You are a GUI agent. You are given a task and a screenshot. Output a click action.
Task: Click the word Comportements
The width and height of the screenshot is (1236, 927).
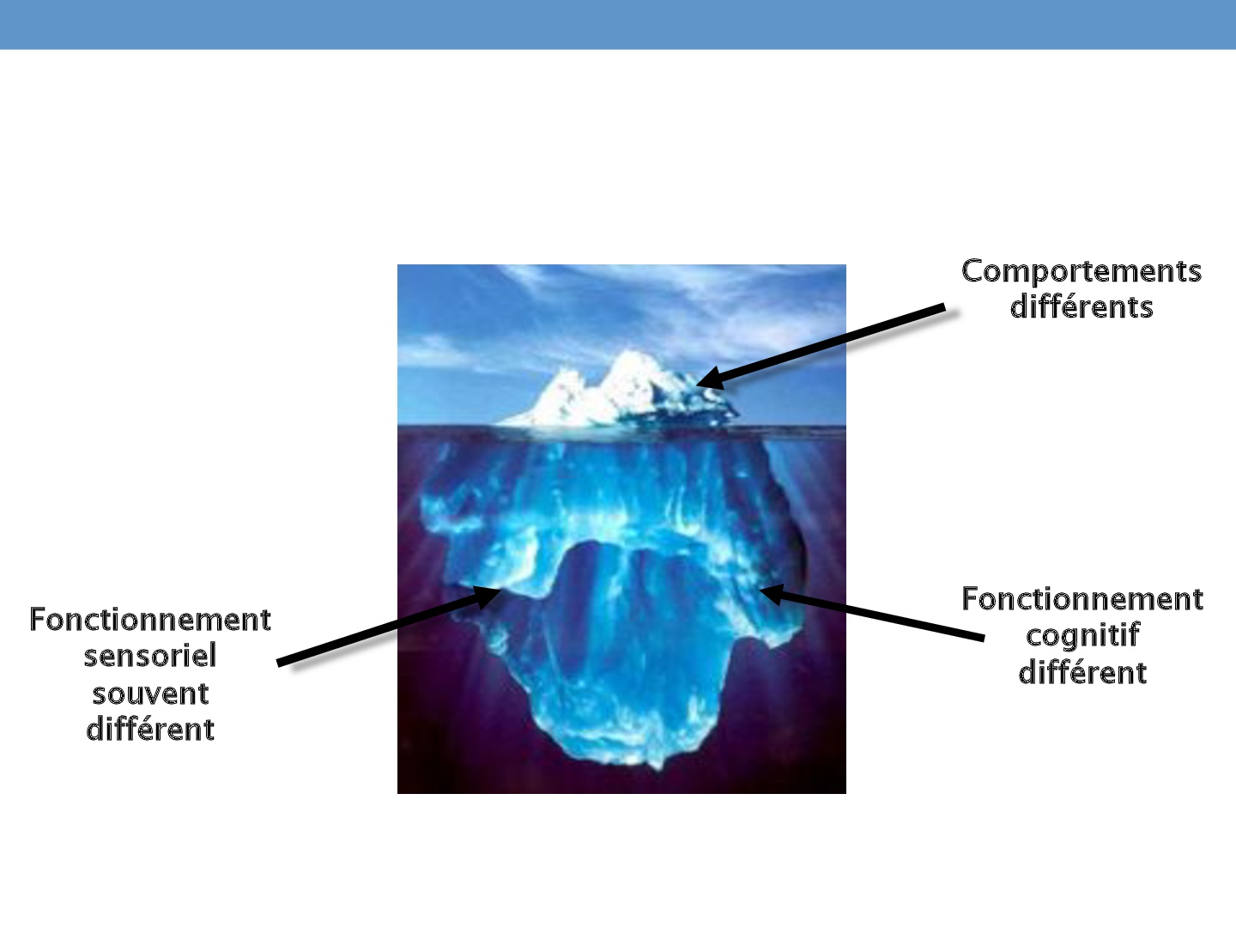[1081, 271]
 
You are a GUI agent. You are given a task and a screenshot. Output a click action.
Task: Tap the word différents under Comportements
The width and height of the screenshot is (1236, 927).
[1081, 306]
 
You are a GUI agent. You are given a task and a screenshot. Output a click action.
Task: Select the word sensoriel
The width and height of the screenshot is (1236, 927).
[150, 657]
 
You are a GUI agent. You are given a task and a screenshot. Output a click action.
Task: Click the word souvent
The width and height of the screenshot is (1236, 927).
[150, 694]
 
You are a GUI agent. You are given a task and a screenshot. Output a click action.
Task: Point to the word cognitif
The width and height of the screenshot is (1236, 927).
[1082, 636]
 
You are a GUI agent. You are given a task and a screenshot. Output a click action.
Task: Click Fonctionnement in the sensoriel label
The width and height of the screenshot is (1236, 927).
[150, 620]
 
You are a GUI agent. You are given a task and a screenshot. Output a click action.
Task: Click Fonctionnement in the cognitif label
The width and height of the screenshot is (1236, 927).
[1082, 599]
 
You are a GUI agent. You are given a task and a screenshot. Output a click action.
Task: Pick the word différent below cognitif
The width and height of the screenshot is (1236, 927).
[1082, 673]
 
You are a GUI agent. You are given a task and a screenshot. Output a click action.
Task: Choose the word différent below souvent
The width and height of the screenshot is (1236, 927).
[150, 730]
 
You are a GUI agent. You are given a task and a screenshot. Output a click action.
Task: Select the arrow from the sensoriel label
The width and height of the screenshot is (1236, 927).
[389, 626]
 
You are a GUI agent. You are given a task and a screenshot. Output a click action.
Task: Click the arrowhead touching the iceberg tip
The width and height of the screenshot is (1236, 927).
[711, 378]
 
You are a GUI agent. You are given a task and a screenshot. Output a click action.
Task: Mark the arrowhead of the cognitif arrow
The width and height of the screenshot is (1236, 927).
[772, 594]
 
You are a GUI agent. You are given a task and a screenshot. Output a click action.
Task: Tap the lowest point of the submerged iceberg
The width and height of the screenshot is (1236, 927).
[655, 770]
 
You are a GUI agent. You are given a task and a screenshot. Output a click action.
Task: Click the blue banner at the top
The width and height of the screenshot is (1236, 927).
[618, 24]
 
